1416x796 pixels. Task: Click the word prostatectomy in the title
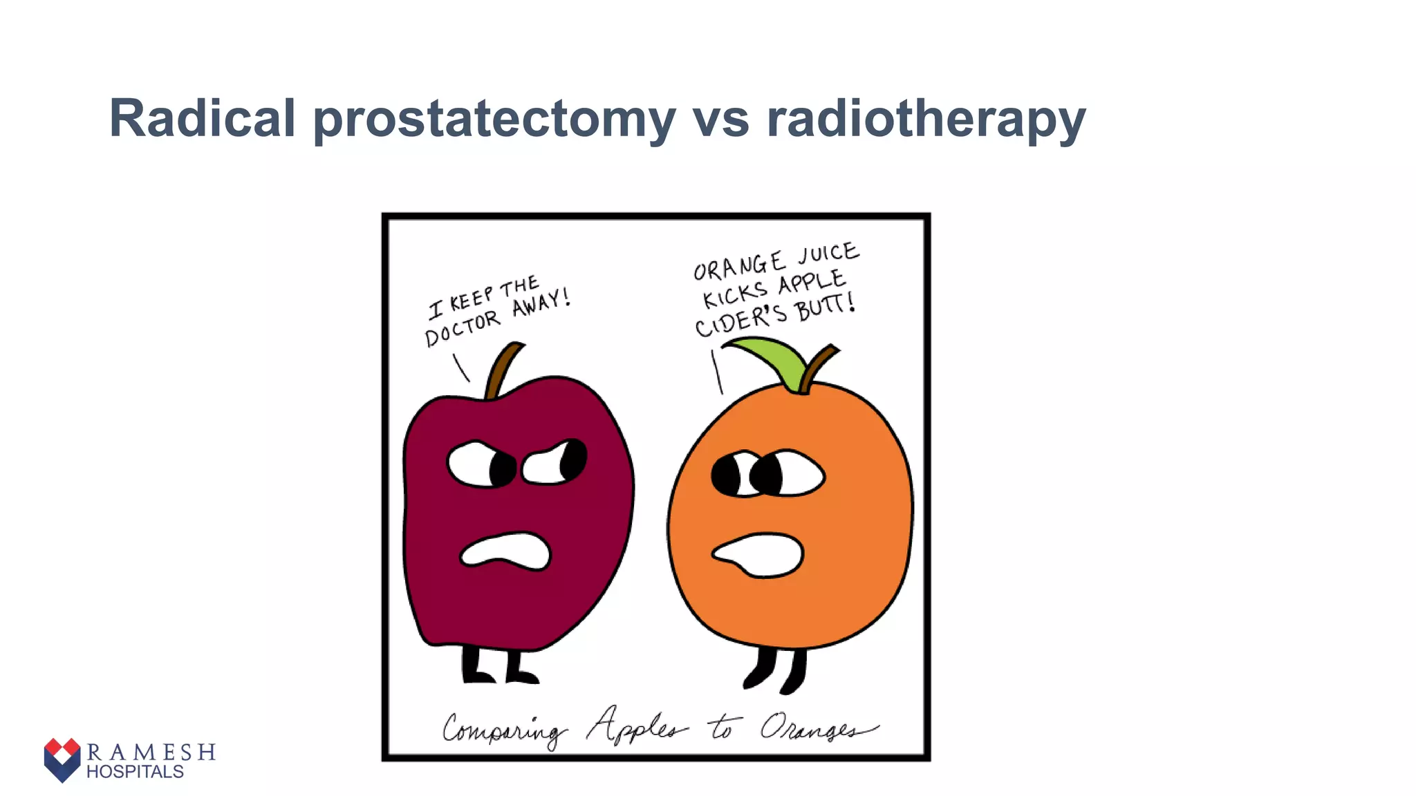point(494,119)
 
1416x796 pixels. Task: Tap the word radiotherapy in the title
point(926,119)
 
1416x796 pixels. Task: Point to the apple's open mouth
point(505,551)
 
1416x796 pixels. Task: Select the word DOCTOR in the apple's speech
point(461,328)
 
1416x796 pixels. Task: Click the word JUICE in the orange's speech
point(828,254)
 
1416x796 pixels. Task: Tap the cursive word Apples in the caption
point(636,726)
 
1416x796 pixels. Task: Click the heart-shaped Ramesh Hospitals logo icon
point(62,759)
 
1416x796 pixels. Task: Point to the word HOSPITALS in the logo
point(135,772)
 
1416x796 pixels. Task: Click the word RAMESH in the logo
point(151,752)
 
